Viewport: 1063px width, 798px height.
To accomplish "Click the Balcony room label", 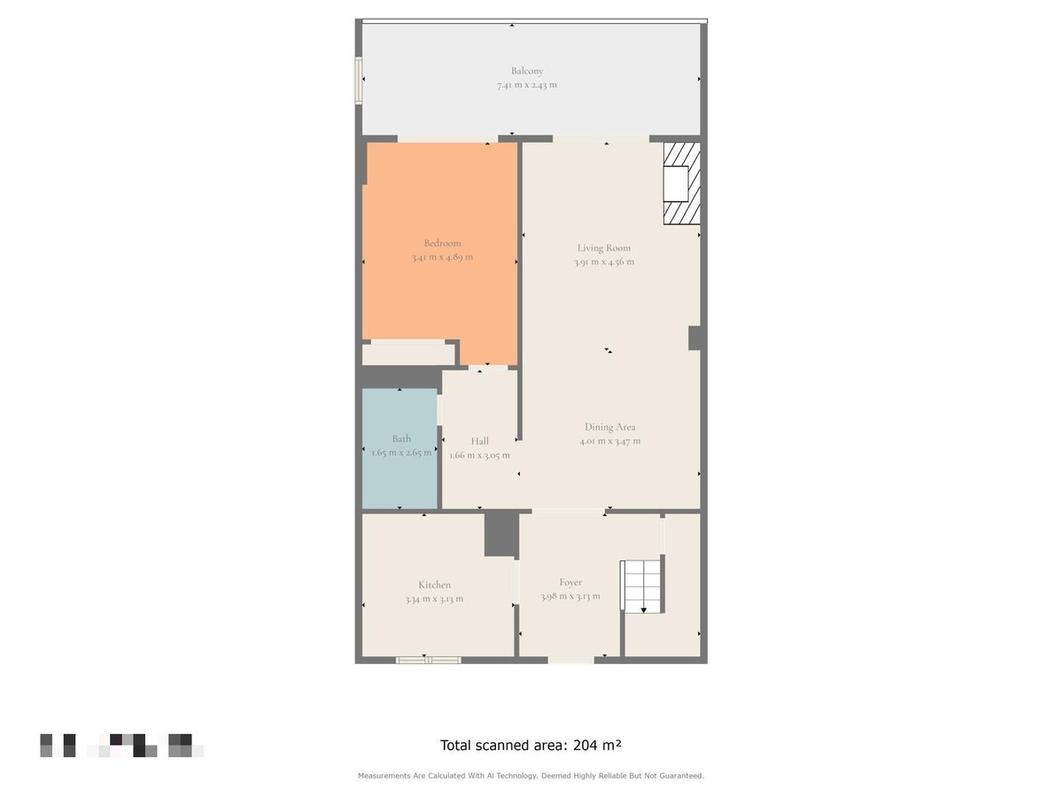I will click(527, 71).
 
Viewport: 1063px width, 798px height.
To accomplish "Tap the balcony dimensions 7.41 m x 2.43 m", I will click(527, 85).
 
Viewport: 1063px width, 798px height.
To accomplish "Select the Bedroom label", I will click(442, 243).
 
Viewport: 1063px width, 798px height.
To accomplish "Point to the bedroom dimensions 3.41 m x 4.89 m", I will click(442, 257).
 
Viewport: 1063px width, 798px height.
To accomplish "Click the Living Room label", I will click(604, 248).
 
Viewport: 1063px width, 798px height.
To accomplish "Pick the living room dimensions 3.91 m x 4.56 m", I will click(604, 262).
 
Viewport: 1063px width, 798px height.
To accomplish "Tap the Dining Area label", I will click(609, 427).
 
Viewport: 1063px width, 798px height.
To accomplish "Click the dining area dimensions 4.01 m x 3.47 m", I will click(609, 441).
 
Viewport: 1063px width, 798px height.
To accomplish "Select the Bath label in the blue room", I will click(401, 439).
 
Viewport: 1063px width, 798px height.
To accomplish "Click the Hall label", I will click(479, 442).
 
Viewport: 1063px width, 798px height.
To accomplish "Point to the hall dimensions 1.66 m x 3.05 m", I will click(479, 455).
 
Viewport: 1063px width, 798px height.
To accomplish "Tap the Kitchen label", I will click(434, 585).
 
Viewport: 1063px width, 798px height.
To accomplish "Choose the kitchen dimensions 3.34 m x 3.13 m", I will click(434, 598).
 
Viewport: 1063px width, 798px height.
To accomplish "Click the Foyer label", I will click(570, 583).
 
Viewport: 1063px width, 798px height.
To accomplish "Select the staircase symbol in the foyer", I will click(641, 586).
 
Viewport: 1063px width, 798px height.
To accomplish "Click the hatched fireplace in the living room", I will click(682, 184).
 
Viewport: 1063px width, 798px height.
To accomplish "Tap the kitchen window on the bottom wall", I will click(428, 660).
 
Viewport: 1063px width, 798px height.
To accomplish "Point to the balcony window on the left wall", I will click(359, 81).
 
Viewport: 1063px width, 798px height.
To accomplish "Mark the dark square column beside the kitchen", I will click(500, 535).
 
